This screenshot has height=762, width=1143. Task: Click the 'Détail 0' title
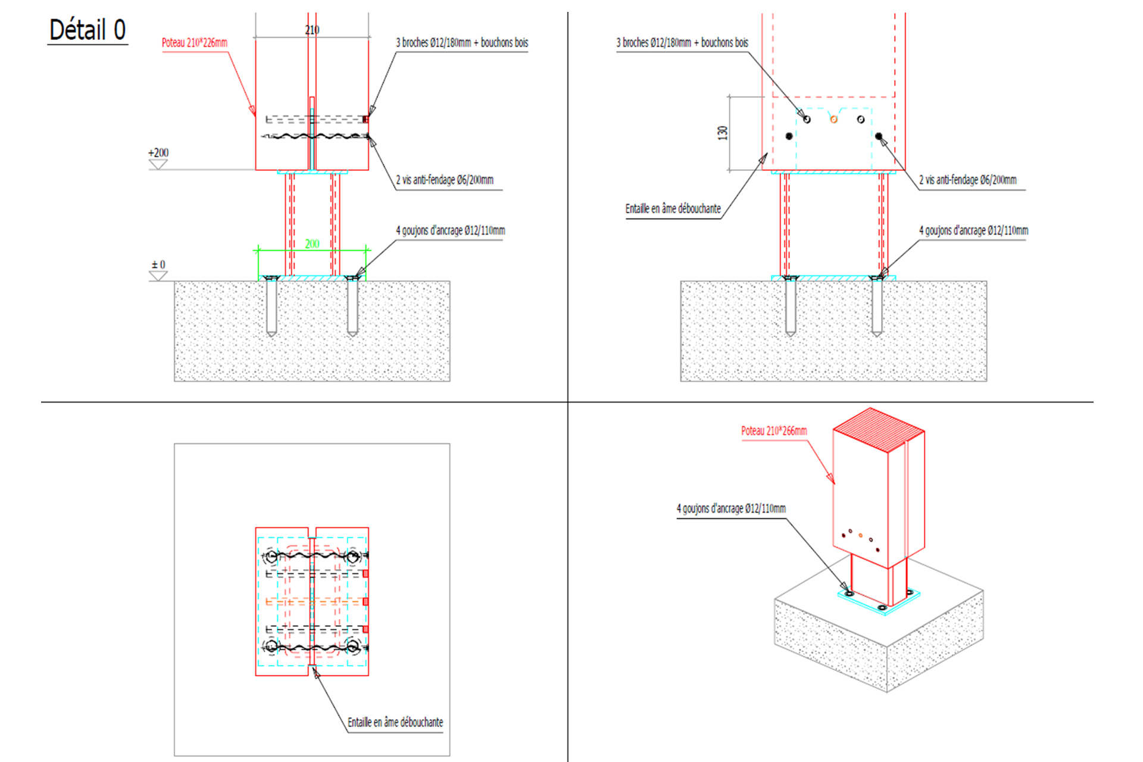(x=88, y=30)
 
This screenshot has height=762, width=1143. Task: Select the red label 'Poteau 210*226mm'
(x=194, y=43)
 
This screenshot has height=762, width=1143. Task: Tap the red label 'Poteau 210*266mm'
(x=774, y=430)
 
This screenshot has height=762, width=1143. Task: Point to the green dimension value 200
(x=312, y=243)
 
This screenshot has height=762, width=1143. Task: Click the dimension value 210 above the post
(x=312, y=30)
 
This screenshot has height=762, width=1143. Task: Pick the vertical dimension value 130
(x=723, y=133)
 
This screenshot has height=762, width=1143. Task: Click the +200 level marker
(x=158, y=153)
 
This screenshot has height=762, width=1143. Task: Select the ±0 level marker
(x=158, y=265)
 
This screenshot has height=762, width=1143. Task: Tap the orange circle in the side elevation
(x=833, y=120)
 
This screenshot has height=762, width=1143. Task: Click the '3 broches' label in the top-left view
(x=462, y=43)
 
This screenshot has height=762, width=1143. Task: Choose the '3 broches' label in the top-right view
(x=682, y=43)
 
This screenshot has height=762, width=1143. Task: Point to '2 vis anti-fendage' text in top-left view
(x=445, y=180)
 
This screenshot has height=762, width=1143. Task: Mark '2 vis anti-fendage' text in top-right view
(x=967, y=180)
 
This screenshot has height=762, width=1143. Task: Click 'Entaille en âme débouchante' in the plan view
(x=395, y=722)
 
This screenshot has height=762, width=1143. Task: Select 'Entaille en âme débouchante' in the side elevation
(x=673, y=208)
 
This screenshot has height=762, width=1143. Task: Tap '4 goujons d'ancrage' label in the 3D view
(x=731, y=508)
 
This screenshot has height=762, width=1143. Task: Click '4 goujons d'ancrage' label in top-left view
(x=451, y=230)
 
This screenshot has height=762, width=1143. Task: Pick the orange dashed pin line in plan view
(x=316, y=602)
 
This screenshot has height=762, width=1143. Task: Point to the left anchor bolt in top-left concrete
(x=271, y=307)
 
